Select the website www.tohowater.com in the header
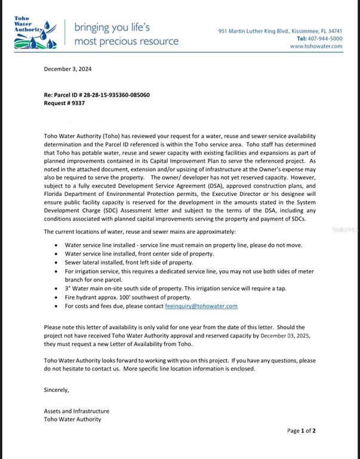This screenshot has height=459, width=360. pos(316,46)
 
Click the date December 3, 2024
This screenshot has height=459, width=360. pos(67,69)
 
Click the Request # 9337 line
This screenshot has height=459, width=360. pos(64,103)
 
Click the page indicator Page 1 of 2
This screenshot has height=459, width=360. pos(301,430)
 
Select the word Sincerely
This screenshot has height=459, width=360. pos(57,390)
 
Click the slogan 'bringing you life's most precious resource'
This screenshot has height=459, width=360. pos(126,34)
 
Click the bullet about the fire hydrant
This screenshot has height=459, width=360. pos(128,297)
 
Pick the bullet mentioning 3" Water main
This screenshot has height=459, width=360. pos(175,288)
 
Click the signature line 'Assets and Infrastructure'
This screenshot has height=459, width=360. pos(76,411)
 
